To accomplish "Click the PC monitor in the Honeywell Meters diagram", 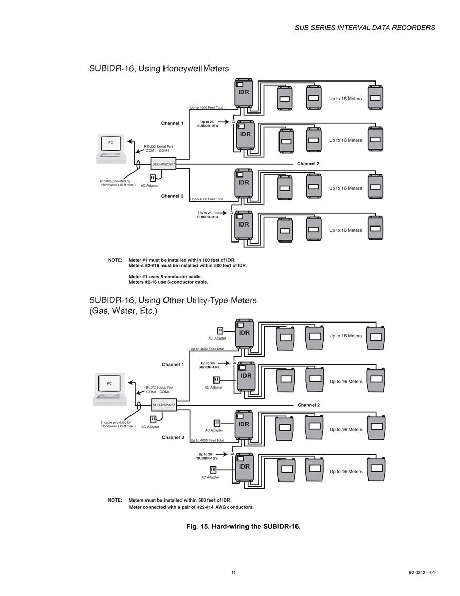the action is coord(110,143).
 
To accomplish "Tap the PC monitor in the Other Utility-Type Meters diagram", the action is coord(109,384).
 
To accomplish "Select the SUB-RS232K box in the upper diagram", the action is coord(163,164).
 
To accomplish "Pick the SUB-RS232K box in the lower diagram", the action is coord(163,405).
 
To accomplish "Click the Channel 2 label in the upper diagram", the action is coord(308,164).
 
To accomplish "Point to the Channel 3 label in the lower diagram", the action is coord(173,437).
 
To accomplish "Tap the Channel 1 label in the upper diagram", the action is coord(172,123).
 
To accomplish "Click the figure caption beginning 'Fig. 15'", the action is coord(243,526).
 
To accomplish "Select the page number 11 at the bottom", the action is coord(233,572).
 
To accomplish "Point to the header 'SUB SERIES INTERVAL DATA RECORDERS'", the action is coord(365,28).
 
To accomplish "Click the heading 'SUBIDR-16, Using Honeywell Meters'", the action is coord(159,69).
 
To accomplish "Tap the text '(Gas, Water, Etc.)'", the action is coord(123,311).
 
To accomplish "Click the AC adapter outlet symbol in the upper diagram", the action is coord(153,178).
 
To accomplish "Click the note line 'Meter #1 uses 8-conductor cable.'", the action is coord(165,277).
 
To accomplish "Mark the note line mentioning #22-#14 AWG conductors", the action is coord(191,507).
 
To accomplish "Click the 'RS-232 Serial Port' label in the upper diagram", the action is coord(158,147).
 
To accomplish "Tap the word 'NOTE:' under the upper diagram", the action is coord(115,260).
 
